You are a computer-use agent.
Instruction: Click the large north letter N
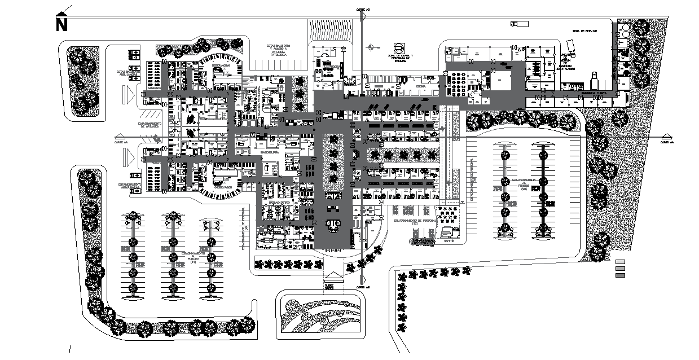(61, 25)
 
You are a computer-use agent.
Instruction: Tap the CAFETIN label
(449, 241)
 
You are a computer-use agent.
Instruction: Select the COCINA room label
(420, 86)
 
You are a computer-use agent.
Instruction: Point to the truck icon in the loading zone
(399, 49)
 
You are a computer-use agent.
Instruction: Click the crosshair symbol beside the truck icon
(371, 47)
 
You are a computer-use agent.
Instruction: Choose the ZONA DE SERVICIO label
(583, 31)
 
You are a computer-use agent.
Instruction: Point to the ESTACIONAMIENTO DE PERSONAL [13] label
(414, 223)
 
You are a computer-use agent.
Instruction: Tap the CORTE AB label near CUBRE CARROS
(363, 288)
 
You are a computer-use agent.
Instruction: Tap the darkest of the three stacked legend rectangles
(621, 275)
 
